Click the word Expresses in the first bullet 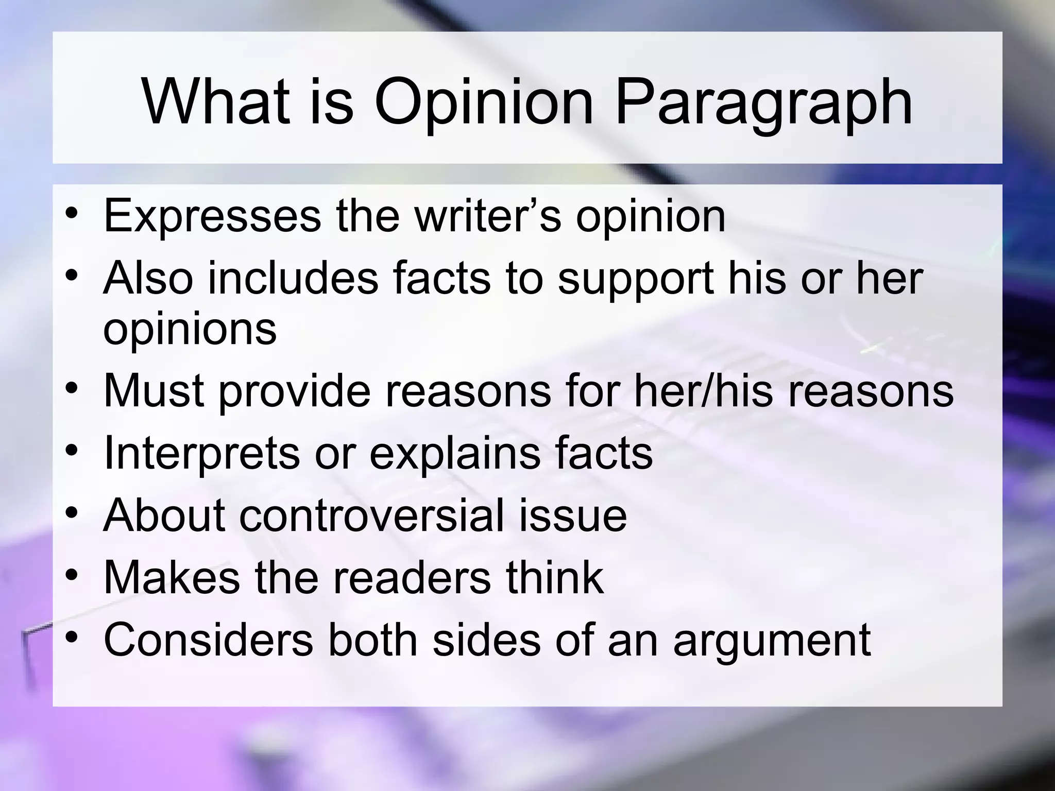(212, 216)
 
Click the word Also (148, 278)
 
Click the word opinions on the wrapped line (190, 330)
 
